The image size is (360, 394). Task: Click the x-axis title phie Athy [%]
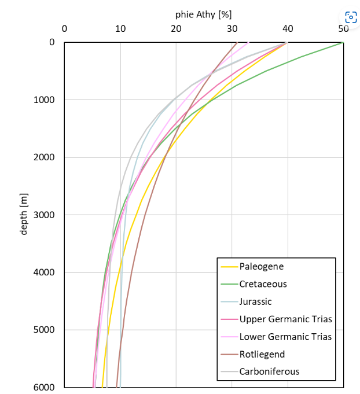tap(203, 14)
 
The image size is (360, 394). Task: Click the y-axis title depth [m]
tap(24, 215)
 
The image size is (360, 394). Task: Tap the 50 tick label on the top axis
tap(343, 28)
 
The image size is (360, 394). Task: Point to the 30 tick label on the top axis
tap(232, 28)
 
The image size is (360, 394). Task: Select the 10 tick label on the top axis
tap(120, 28)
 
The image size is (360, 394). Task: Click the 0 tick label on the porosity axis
tap(64, 28)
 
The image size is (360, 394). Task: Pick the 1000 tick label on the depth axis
tap(44, 100)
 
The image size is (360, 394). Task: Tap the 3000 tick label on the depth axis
tap(44, 215)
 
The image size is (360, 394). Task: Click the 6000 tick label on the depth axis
tap(44, 388)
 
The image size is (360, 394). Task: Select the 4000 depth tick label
tap(44, 273)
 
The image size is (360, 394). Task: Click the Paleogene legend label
tap(262, 267)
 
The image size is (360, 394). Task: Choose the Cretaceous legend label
tap(263, 284)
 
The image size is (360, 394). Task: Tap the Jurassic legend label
tap(255, 301)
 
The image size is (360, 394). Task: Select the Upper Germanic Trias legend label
tap(285, 319)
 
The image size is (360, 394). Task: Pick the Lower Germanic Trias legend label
tap(285, 337)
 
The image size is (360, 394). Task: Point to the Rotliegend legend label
tap(262, 354)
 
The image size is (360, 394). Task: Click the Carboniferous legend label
tap(269, 371)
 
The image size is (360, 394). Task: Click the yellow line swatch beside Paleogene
tap(229, 267)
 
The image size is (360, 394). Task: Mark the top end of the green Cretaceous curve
tap(343, 43)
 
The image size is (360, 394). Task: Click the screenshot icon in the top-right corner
tap(350, 17)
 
